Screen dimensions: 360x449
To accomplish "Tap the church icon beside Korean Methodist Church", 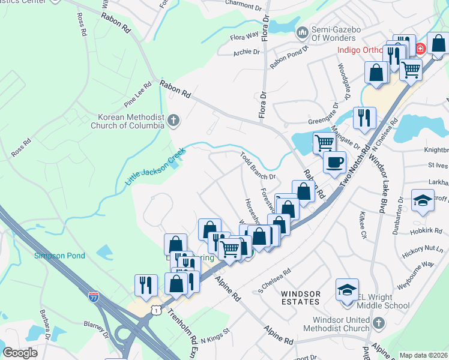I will pyautogui.click(x=174, y=121).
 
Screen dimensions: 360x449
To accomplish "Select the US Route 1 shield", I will pyautogui.click(x=157, y=310).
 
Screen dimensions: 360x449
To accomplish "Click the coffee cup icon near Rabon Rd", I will pyautogui.click(x=334, y=161).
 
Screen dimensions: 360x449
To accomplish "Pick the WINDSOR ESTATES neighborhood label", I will pyautogui.click(x=301, y=298).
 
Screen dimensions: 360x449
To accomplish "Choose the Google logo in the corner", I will pyautogui.click(x=20, y=353).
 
